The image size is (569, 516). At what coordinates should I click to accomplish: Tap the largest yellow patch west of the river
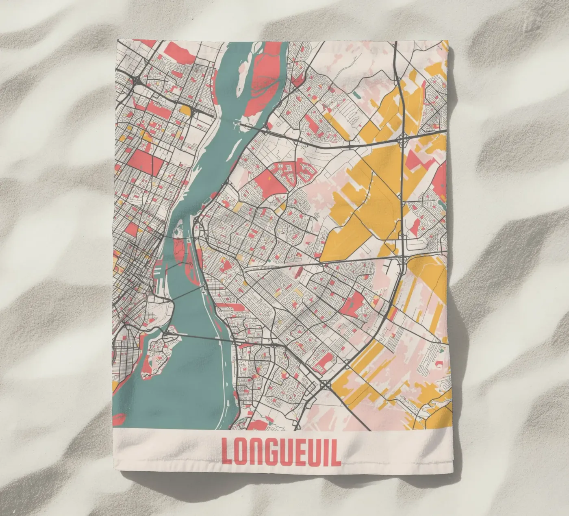[185, 110]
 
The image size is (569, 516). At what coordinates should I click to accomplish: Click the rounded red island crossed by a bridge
[179, 250]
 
